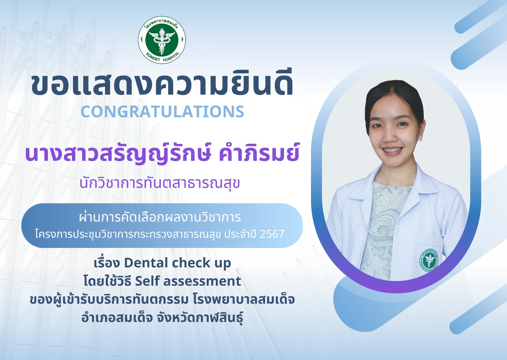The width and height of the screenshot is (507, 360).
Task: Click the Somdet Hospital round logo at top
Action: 162,39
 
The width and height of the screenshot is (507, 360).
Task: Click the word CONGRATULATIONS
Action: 162,111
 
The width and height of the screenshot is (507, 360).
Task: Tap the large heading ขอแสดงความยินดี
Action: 162,84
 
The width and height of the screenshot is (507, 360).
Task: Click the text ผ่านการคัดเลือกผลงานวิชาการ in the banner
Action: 160,217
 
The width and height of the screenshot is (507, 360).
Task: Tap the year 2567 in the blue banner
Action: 272,234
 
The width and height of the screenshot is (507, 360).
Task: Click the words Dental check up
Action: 177,263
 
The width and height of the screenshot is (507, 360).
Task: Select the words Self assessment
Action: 188,281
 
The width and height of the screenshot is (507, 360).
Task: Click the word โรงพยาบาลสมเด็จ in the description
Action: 244,300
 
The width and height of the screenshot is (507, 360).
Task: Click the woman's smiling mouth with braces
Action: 391,150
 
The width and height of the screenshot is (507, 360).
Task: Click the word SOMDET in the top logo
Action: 153,57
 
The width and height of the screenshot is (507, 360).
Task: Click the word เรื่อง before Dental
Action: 107,263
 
